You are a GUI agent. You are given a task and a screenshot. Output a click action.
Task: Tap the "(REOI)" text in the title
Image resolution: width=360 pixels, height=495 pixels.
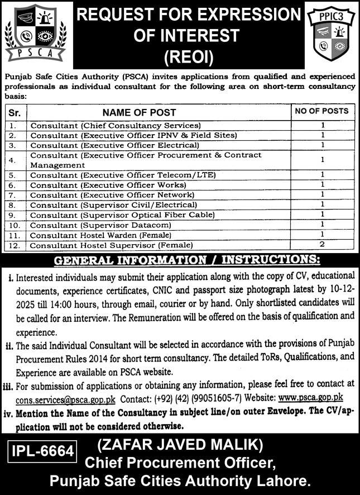(189, 56)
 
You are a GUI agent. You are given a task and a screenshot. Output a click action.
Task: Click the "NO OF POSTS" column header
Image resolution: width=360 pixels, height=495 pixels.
(321, 111)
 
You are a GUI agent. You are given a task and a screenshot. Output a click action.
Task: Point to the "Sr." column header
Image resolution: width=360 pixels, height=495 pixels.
(15, 112)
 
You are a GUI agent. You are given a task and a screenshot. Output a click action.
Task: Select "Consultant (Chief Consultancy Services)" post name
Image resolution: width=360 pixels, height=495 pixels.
(116, 126)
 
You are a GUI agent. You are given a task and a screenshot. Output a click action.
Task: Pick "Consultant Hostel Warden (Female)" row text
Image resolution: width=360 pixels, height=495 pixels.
(101, 235)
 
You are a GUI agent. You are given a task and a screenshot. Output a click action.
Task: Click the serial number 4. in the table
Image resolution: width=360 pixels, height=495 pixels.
(15, 160)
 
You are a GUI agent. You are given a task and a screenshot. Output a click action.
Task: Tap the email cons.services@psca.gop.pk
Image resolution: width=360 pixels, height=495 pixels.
(66, 398)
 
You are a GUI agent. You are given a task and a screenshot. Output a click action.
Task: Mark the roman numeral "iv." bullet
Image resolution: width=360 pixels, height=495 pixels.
(9, 414)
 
